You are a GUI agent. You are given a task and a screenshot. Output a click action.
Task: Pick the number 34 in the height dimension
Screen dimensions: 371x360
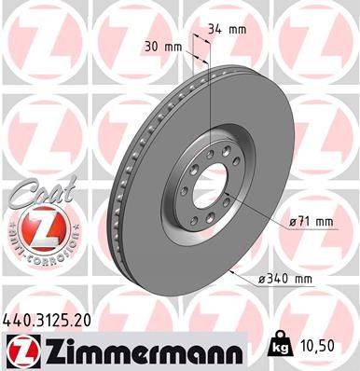(216, 29)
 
